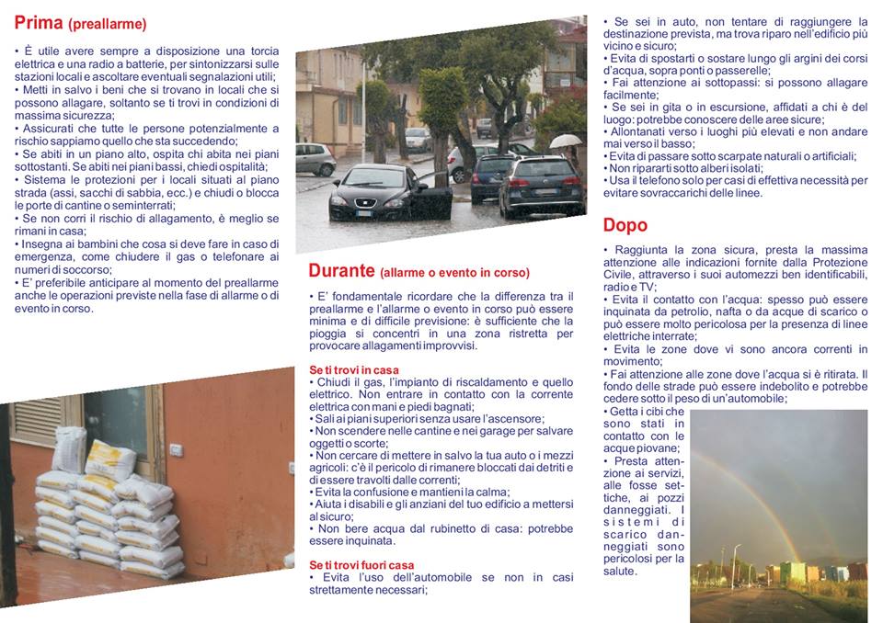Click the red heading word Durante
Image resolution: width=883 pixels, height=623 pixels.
coord(341,271)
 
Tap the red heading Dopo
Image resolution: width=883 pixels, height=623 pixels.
coord(625,225)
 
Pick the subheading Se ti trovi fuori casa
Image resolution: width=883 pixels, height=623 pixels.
coord(361,565)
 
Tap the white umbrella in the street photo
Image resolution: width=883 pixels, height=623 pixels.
coord(566,141)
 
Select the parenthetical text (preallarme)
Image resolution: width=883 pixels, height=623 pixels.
coord(107,25)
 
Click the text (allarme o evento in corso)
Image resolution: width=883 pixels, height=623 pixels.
coord(454,273)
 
